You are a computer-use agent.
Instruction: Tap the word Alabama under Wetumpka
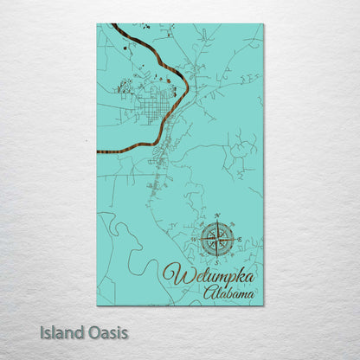point(229,295)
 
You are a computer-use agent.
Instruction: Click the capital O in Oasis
point(91,332)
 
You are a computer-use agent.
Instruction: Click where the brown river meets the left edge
point(98,151)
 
